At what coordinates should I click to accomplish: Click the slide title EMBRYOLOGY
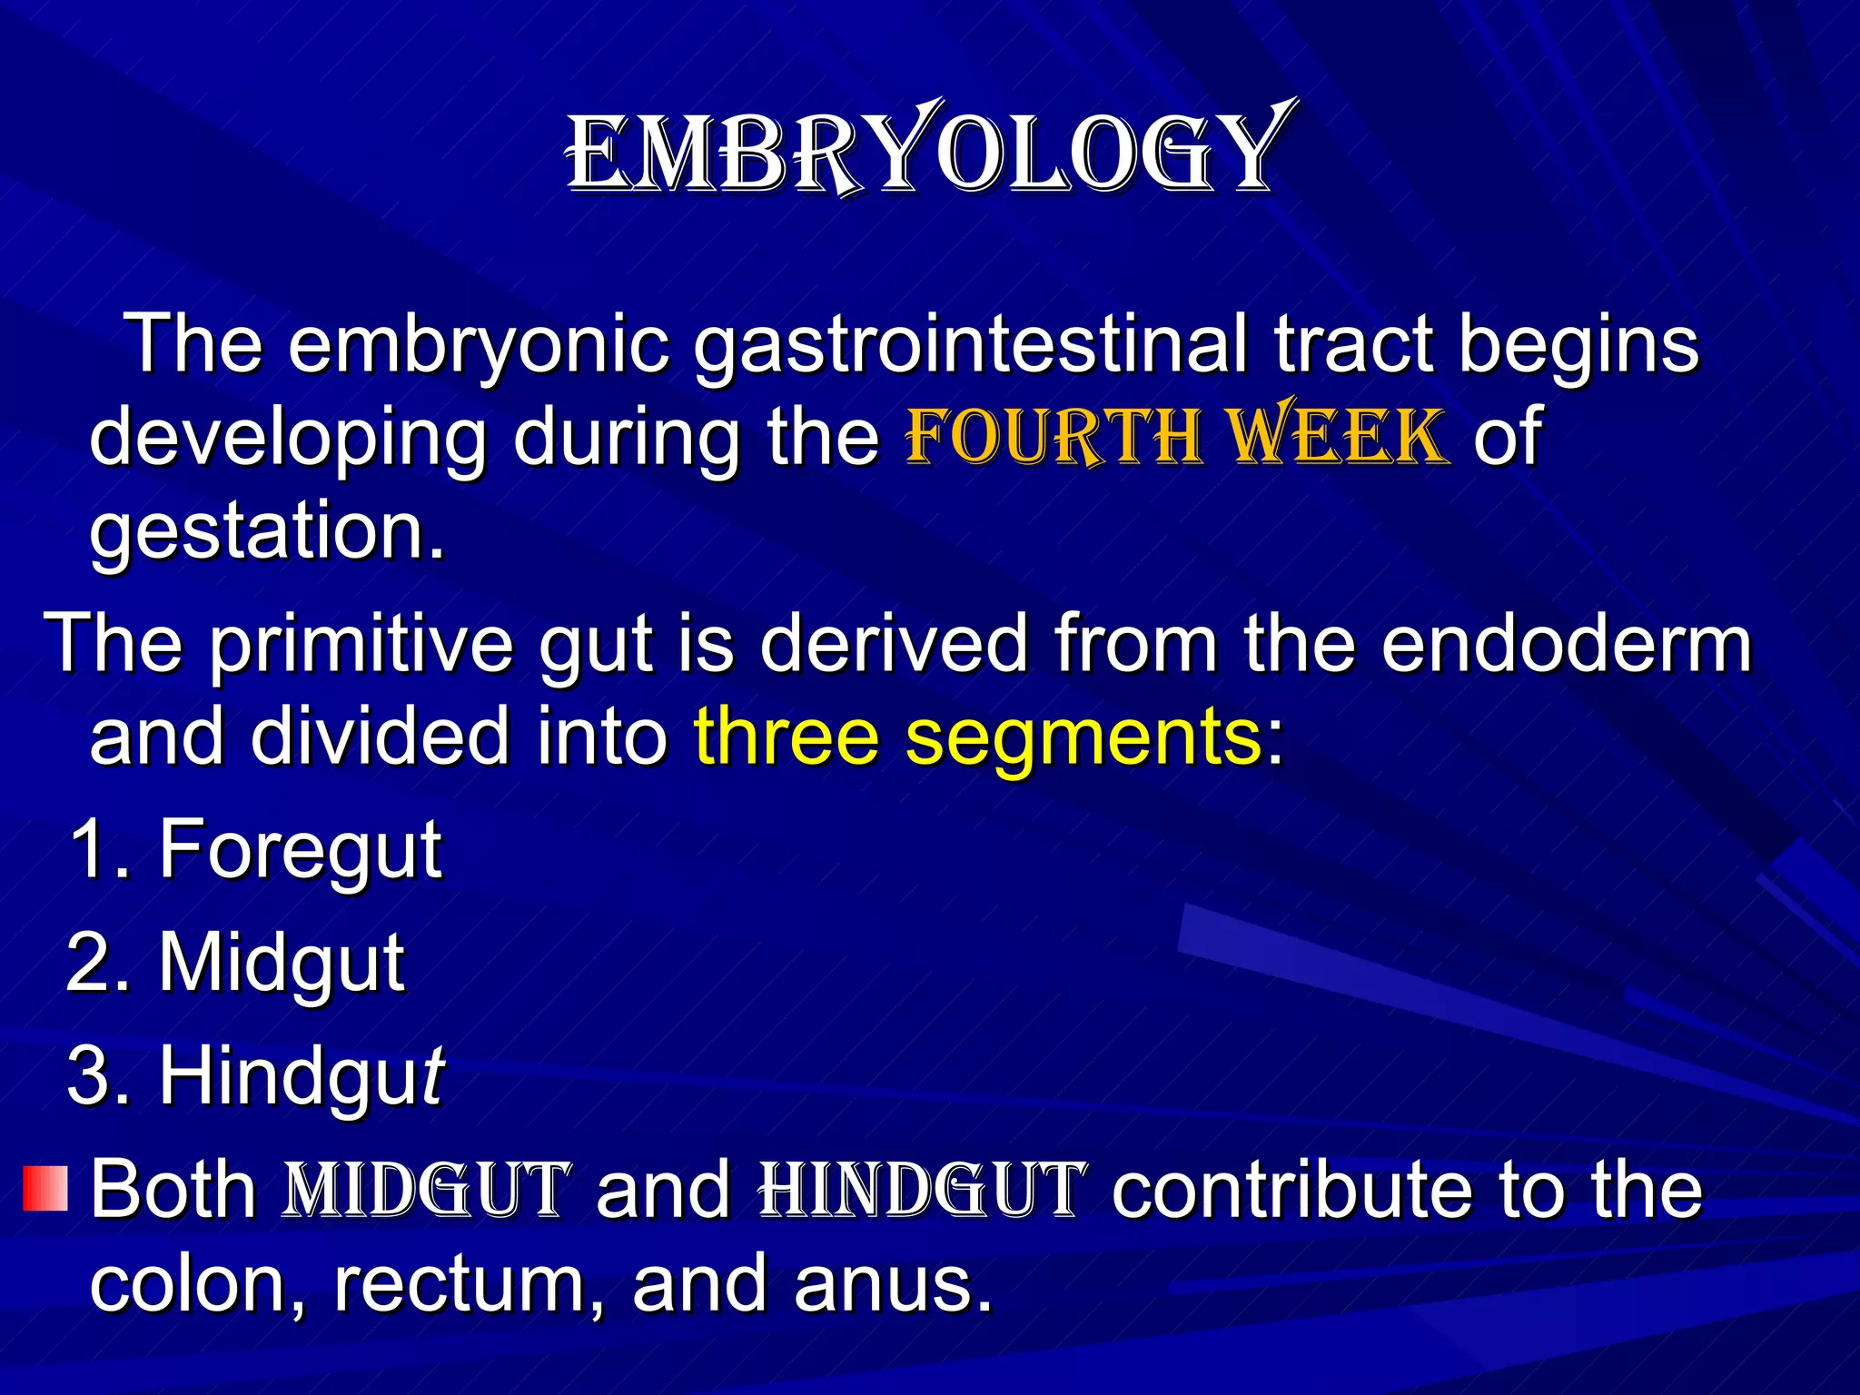(x=926, y=150)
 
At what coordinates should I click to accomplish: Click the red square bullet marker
(x=45, y=1188)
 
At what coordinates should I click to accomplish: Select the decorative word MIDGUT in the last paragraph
(x=427, y=1190)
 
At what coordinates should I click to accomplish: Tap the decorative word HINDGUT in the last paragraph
(x=922, y=1190)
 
